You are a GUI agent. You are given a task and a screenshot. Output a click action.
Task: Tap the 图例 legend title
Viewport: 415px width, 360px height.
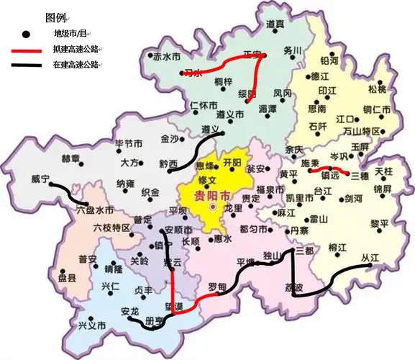56,17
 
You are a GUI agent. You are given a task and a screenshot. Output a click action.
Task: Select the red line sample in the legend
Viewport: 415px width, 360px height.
27,50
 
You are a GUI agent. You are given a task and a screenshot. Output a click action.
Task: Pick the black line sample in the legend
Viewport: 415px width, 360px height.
27,66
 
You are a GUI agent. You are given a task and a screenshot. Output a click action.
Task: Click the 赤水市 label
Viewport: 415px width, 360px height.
167,55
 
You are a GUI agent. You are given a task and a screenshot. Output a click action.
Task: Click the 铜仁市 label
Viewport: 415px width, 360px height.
377,109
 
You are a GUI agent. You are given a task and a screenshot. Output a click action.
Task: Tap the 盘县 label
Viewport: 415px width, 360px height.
67,277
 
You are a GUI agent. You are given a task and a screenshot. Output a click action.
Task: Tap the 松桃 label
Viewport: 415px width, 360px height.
377,89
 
